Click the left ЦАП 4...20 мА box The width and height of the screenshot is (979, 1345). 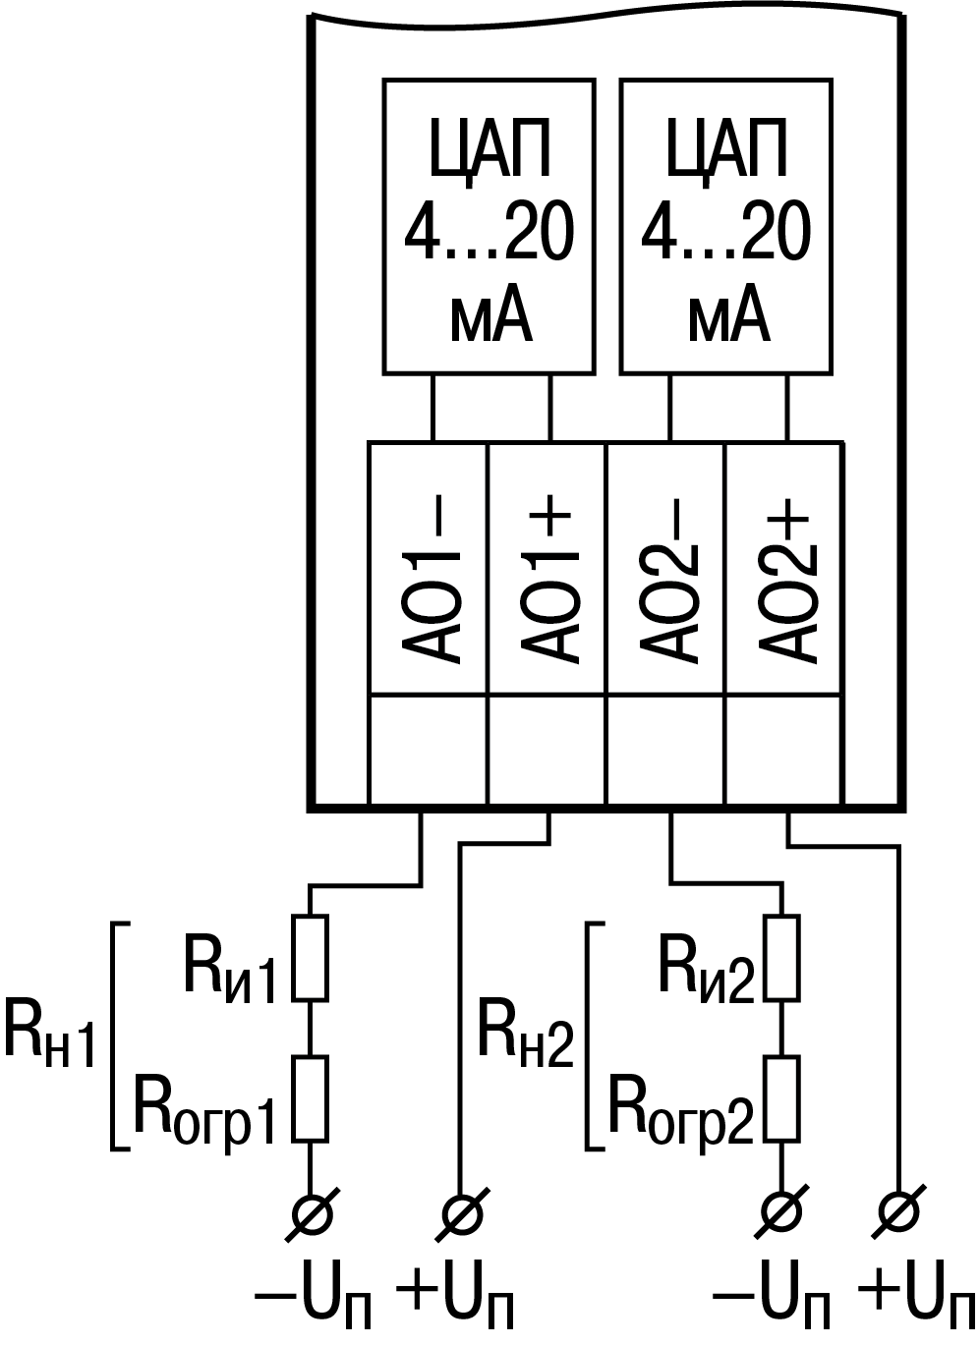[489, 227]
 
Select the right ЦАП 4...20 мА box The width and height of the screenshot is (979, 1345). [726, 227]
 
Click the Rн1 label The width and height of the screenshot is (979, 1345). [49, 1032]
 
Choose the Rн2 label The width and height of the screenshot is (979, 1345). [524, 1032]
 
